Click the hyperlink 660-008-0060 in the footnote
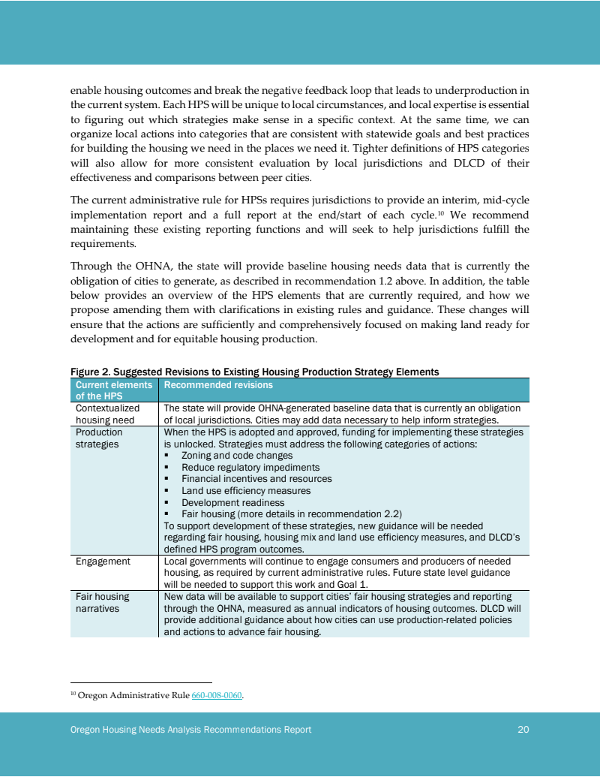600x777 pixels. click(x=217, y=695)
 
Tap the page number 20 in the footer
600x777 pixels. click(x=523, y=730)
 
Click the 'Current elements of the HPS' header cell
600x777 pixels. click(x=113, y=390)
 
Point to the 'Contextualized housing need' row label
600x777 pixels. click(x=107, y=414)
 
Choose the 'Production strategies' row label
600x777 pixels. click(x=99, y=438)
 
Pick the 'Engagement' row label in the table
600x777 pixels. click(x=103, y=561)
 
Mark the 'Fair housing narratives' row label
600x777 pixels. click(x=102, y=602)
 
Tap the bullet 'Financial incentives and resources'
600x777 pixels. click(x=256, y=478)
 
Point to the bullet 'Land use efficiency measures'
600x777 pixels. click(x=246, y=490)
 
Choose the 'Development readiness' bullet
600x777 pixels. click(x=233, y=502)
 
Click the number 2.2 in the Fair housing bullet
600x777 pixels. click(x=392, y=514)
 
